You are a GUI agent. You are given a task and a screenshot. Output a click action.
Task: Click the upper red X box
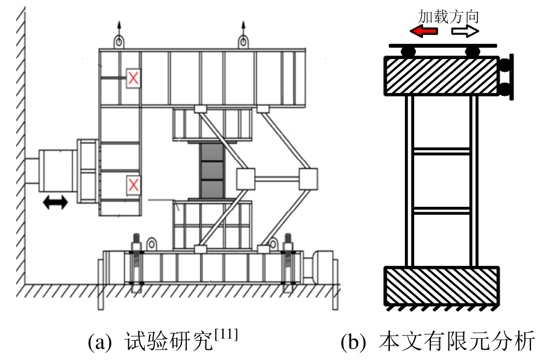pos(133,78)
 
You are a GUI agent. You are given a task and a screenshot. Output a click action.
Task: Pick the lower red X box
pos(133,185)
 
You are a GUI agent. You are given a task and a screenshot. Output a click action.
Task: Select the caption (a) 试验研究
pos(163,341)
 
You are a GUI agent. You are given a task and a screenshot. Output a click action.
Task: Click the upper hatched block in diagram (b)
pos(441,76)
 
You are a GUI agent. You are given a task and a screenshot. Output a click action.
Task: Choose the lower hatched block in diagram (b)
pos(441,286)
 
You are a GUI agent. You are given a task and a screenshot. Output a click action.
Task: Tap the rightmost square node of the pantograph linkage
pos(308,179)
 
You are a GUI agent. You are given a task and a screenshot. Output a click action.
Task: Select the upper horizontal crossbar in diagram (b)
pos(441,151)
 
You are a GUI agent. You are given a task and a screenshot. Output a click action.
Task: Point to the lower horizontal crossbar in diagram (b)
pos(441,210)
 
